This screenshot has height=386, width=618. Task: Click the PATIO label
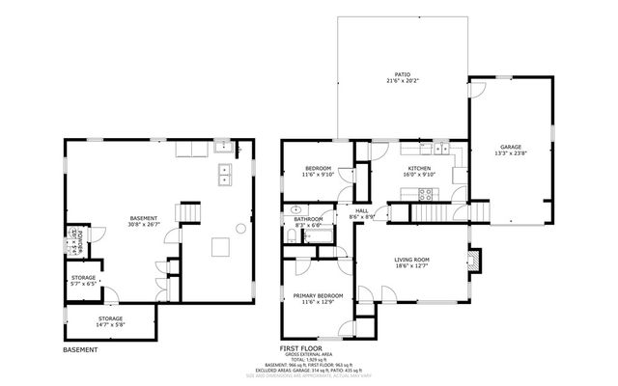click(402, 73)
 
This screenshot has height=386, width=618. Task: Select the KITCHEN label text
click(419, 169)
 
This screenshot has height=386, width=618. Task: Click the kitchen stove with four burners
click(425, 193)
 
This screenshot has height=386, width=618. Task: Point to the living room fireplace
click(473, 261)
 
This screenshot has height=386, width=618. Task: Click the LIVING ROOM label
click(411, 260)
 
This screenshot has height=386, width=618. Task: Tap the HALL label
click(362, 210)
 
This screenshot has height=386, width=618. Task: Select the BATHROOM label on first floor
click(308, 219)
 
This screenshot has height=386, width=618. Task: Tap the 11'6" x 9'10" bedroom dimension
click(318, 175)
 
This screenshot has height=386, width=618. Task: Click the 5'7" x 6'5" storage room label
click(83, 282)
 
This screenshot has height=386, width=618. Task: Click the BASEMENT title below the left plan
click(80, 348)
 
